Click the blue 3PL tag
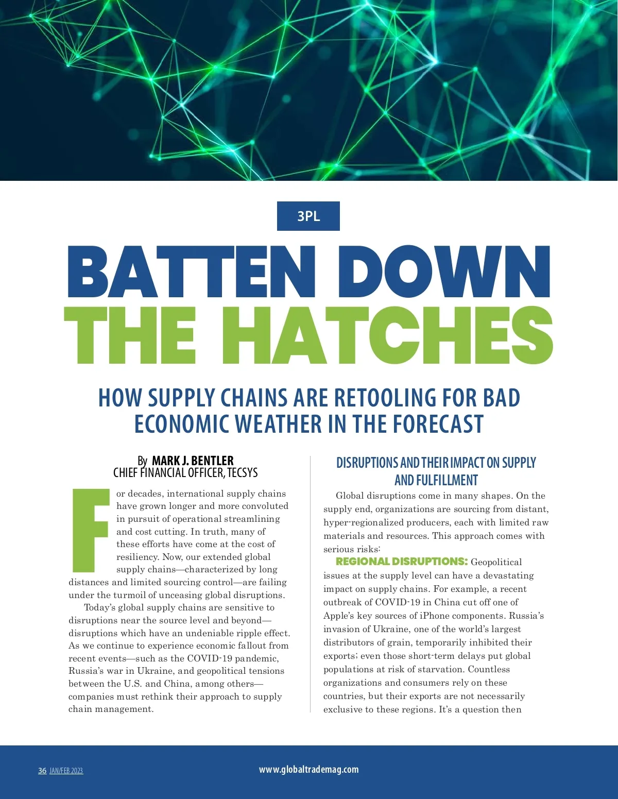308,216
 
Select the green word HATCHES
387,336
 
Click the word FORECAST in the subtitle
438,424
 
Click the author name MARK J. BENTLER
193,460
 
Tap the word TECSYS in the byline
242,472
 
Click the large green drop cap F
91,530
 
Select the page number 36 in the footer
42,771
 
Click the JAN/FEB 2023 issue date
66,771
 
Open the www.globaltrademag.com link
308,769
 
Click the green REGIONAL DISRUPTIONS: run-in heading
402,562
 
